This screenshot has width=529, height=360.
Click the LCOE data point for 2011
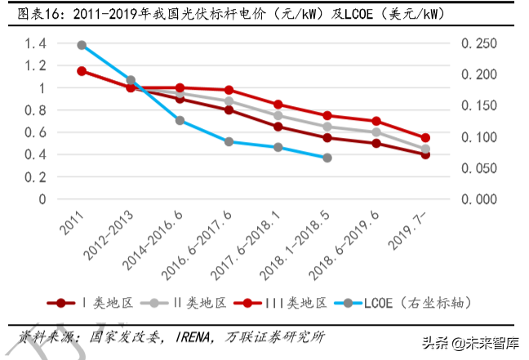tap(82, 46)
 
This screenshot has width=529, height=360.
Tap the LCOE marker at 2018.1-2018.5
tap(327, 157)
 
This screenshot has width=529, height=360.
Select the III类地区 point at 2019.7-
tap(425, 138)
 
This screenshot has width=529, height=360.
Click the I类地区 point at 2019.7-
tap(425, 154)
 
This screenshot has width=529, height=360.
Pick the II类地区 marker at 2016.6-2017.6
tap(229, 101)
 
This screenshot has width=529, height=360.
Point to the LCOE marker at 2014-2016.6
tap(180, 120)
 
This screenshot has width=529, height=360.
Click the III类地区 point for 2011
tap(82, 71)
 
